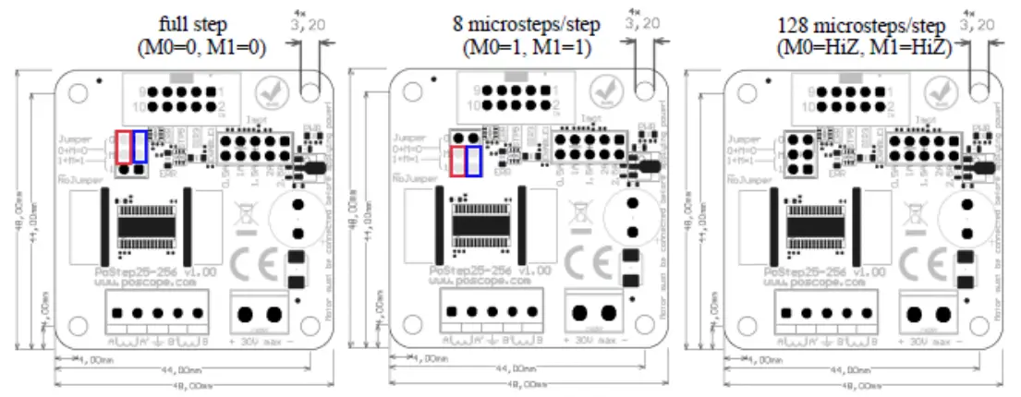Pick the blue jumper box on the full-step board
[x=140, y=146]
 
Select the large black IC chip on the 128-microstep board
[x=813, y=223]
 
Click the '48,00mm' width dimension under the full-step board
[x=191, y=385]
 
